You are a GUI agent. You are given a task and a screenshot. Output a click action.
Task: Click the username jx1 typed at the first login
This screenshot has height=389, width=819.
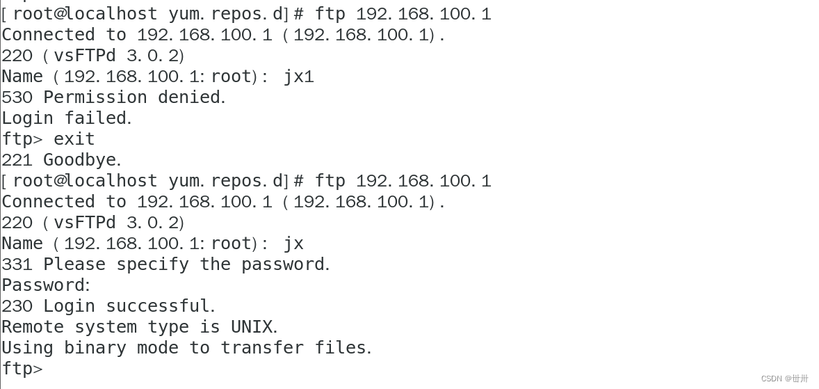tap(298, 77)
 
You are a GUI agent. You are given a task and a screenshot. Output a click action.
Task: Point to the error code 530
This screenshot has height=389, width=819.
tap(17, 97)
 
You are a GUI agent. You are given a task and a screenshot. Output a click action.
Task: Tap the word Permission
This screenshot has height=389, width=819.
tap(95, 97)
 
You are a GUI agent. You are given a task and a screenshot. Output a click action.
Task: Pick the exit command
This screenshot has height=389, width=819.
tap(74, 139)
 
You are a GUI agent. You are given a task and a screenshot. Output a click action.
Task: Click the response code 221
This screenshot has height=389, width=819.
tap(17, 160)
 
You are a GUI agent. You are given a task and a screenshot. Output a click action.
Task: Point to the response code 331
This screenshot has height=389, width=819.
tap(17, 264)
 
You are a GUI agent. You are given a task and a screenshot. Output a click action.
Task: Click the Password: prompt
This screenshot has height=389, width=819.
tap(45, 285)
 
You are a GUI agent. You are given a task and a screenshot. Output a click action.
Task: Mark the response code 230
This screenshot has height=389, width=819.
tap(17, 306)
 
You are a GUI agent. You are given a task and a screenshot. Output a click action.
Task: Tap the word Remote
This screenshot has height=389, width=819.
tap(33, 327)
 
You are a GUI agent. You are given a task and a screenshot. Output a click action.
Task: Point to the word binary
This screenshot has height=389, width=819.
tap(95, 348)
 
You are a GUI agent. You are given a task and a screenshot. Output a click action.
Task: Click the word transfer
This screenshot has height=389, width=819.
tap(262, 348)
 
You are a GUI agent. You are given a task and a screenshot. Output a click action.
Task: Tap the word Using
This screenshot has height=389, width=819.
tap(27, 348)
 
